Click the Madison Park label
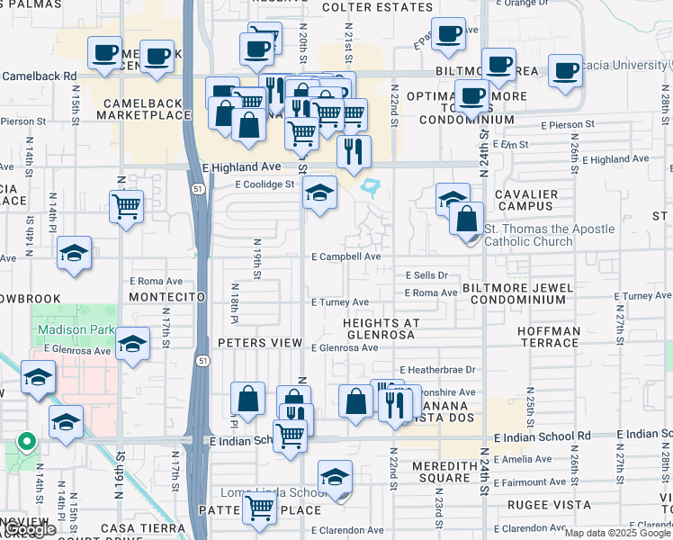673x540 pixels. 76,329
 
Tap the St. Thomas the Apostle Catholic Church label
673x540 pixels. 550,235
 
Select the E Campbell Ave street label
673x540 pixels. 346,256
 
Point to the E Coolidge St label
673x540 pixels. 265,184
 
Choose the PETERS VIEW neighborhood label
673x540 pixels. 260,343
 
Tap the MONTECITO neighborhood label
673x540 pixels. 163,296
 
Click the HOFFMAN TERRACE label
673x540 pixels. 549,337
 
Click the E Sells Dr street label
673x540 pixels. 426,275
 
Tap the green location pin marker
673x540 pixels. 27,443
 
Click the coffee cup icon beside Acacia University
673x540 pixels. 566,71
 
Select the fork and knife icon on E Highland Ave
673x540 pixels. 354,150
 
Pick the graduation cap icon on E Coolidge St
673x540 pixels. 319,192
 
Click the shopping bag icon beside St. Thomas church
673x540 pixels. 467,219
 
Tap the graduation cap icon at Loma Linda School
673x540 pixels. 335,477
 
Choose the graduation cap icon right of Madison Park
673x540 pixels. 133,344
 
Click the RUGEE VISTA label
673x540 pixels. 537,506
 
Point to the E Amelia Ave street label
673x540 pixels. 539,459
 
